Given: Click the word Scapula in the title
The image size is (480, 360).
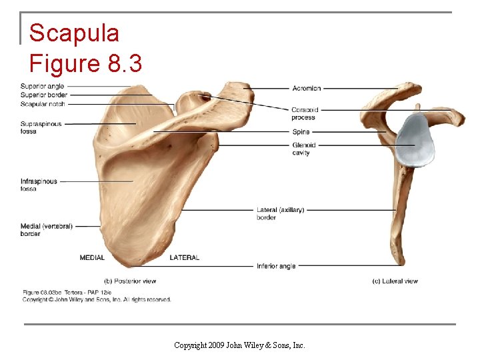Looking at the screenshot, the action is pos(75,33).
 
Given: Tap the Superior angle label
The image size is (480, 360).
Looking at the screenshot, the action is pos(42,86).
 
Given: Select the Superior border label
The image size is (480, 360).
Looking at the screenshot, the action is pos(43,95).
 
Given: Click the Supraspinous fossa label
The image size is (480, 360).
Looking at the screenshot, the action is pos(41,127).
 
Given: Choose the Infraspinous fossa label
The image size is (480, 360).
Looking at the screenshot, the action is pos(39,185).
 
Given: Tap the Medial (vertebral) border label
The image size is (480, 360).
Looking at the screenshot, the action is pos(46,229).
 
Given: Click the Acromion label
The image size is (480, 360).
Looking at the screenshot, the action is pos(306,88).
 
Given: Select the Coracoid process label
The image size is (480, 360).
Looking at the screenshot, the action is pos(304,113).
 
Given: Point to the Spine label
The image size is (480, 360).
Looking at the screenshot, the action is pos(301,132).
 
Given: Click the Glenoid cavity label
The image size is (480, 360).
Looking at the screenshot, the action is pos(303,149).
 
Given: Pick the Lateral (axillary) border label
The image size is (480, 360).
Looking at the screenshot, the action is pos(280,213).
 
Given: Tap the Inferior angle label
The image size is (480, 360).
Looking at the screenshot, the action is pos(276,266).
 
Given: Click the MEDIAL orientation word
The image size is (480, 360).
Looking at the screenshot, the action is pos(92,257).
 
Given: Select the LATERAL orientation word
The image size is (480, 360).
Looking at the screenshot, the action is pos(185,257).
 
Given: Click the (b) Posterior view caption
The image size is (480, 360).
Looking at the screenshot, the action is pos(130,281).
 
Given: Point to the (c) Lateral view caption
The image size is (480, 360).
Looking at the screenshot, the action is pos(395,281).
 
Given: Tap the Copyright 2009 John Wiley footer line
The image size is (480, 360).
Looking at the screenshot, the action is pos(239,345).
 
